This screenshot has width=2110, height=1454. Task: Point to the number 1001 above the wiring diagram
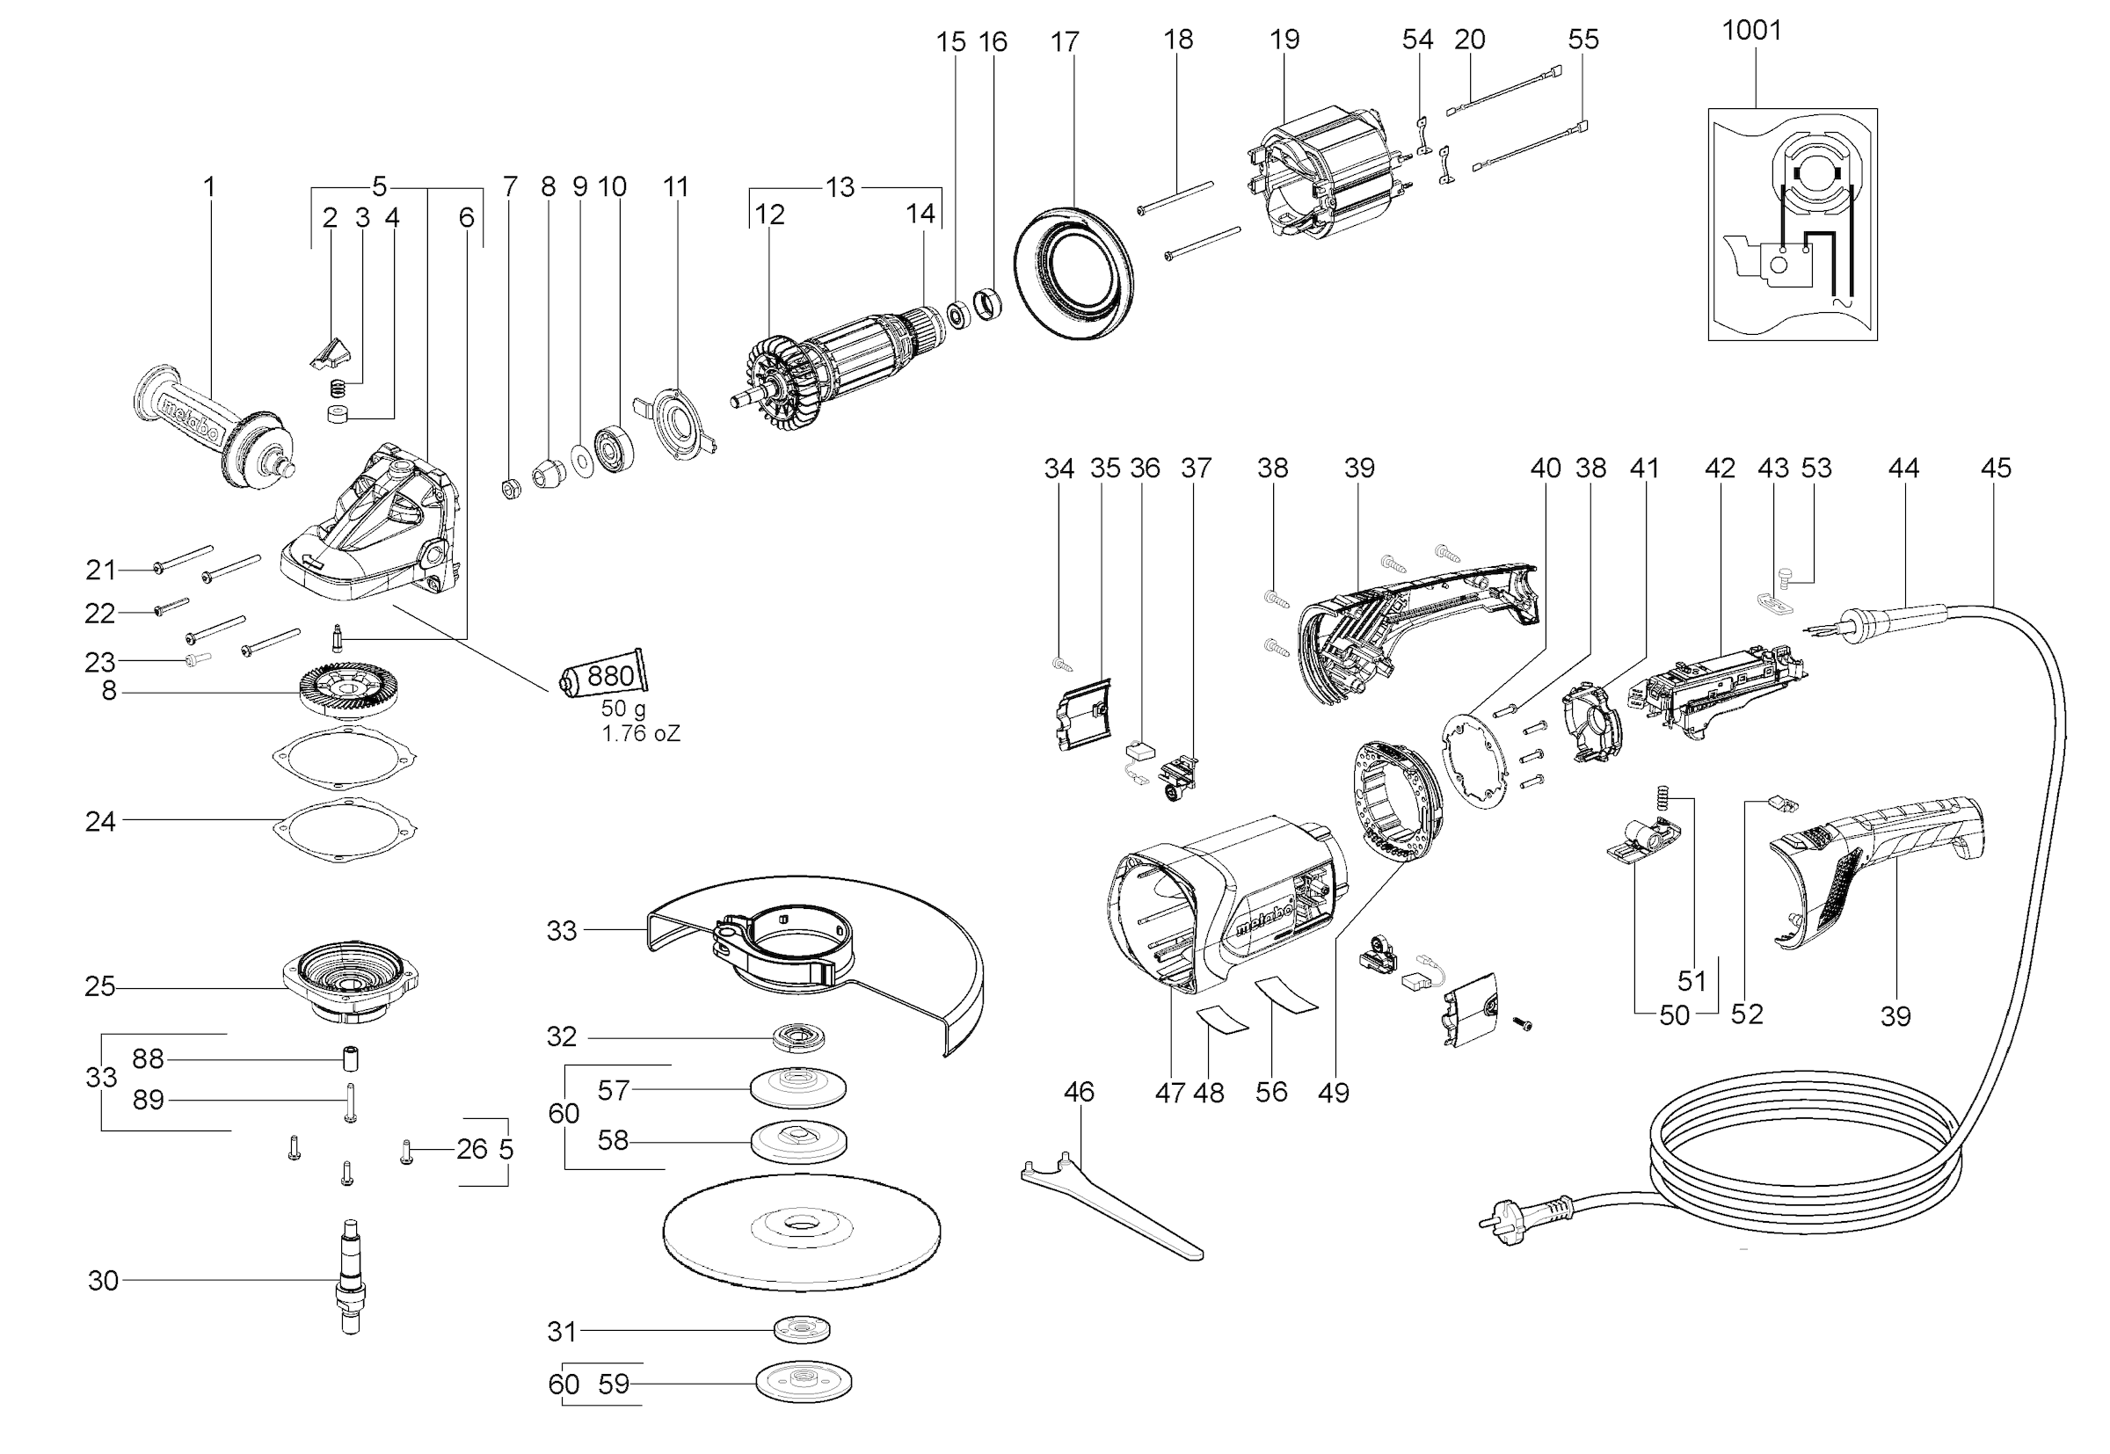coord(1751,30)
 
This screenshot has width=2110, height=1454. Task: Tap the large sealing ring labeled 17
coord(1074,273)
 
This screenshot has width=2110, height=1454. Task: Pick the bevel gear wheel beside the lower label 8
coord(351,690)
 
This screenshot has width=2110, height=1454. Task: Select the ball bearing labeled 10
coord(614,448)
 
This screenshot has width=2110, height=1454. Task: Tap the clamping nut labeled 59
coord(804,1384)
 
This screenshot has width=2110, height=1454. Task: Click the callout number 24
coord(100,821)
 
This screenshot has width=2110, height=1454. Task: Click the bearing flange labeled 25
coord(351,985)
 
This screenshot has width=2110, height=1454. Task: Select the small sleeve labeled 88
coord(350,1059)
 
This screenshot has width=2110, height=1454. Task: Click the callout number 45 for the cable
coord(1995,468)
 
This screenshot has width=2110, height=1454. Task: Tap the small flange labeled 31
coord(802,1329)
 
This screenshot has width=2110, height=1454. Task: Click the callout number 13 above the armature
coord(839,186)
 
